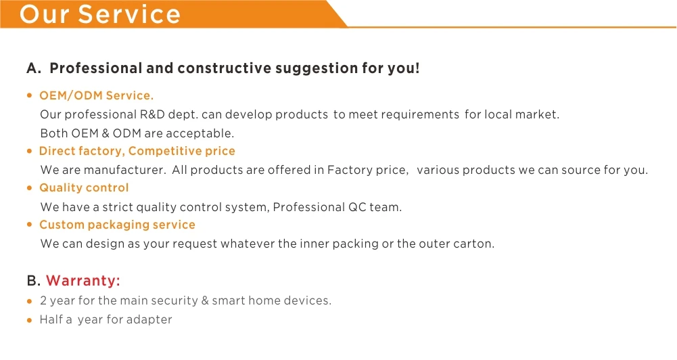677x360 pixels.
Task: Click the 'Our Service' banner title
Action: [99, 14]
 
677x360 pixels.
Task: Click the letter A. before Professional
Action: [34, 68]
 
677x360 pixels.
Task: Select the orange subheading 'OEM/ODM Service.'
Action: [96, 95]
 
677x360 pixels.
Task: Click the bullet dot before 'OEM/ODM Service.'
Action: [29, 95]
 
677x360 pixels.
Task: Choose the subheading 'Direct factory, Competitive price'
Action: [137, 151]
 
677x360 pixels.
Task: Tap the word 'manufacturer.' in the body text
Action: [124, 170]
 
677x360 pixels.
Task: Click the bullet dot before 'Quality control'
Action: [29, 187]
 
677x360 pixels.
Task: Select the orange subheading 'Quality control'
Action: [84, 188]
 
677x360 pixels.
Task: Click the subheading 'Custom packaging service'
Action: [117, 225]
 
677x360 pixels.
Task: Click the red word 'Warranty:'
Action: [83, 280]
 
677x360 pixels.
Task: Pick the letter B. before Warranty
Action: [34, 280]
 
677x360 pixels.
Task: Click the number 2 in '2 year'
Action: [43, 300]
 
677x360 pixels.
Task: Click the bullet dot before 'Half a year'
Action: [29, 320]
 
